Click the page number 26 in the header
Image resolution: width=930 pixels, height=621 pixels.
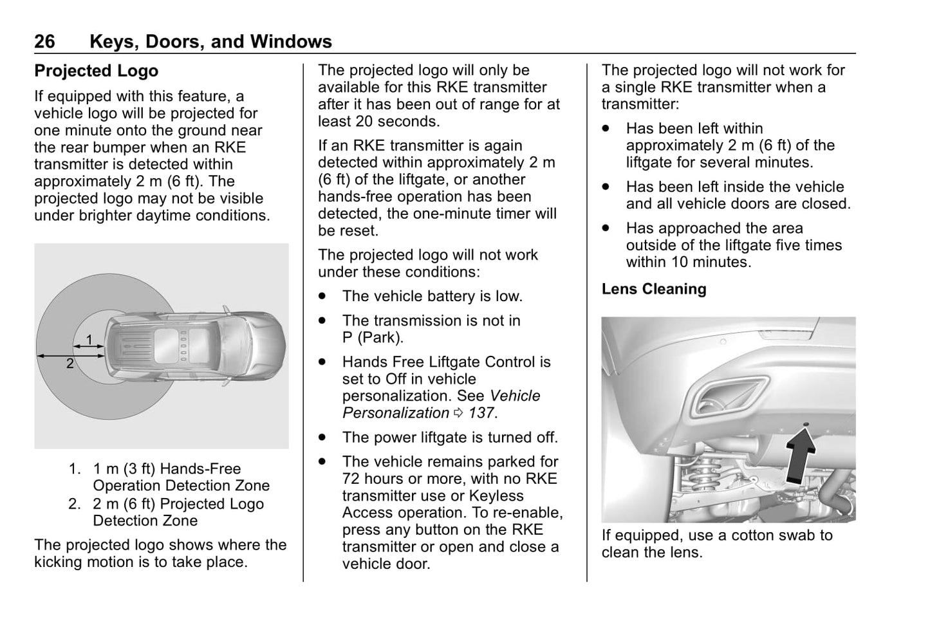(44, 42)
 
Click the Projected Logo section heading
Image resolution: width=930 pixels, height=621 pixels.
(96, 71)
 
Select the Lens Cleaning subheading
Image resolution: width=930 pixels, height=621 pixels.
(653, 290)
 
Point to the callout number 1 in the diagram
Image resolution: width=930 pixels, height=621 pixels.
(89, 339)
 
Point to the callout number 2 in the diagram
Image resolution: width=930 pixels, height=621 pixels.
(70, 364)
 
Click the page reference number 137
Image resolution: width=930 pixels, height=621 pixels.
(481, 413)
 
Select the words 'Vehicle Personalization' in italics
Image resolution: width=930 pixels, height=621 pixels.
(442, 405)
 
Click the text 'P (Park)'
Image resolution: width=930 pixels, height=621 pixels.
(373, 337)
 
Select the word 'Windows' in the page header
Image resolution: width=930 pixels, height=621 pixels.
(291, 42)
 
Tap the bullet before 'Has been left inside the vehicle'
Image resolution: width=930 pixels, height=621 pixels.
(606, 187)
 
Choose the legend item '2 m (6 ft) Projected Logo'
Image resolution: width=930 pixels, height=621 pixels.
(178, 504)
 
